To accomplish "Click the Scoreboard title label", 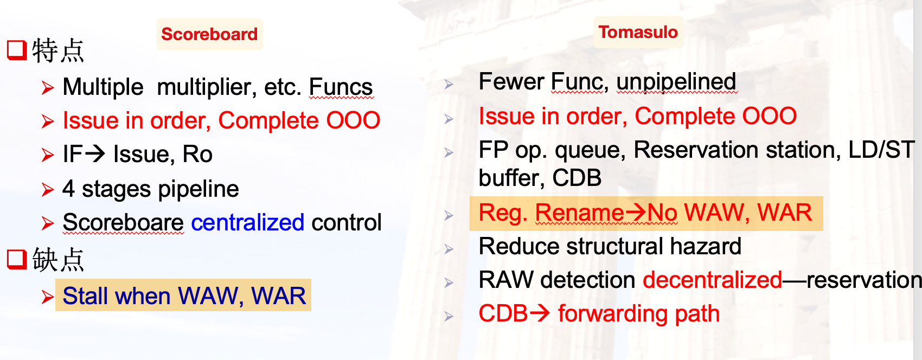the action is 209,34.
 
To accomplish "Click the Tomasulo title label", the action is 638,32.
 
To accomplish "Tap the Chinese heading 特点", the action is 58,50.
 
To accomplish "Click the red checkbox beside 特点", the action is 17,50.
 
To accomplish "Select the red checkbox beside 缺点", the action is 17,259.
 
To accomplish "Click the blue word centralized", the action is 248,222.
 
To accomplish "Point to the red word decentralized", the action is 713,280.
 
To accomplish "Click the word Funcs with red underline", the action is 341,87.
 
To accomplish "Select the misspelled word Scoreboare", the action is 123,222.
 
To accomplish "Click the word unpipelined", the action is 676,81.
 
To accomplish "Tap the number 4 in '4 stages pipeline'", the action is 68,189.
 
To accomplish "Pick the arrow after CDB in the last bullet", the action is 540,313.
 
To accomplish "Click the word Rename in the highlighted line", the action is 580,213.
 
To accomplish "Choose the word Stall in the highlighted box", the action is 86,295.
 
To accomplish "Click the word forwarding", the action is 613,313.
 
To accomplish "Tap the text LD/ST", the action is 881,150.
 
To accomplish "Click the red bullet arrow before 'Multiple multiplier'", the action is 48,88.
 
